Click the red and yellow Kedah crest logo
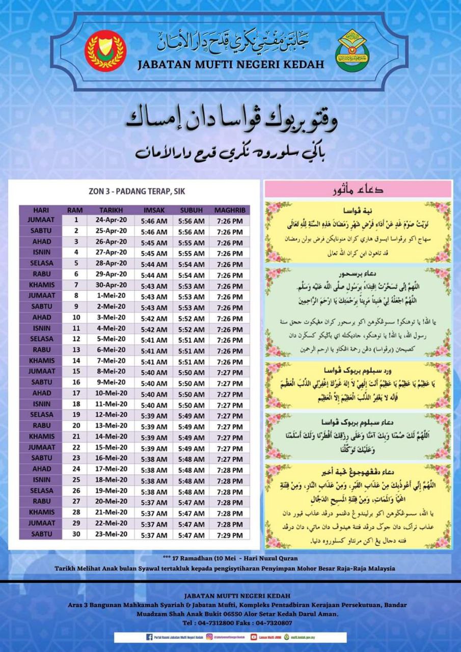(105, 50)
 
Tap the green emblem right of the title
(352, 50)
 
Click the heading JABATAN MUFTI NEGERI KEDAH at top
(231, 65)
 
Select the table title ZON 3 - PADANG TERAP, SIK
(133, 192)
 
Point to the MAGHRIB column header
(229, 210)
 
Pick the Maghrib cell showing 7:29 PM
(229, 535)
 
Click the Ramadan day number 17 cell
(76, 393)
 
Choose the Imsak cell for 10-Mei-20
(154, 394)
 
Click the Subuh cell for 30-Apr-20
(192, 286)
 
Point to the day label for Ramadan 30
(41, 534)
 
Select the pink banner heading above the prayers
(358, 189)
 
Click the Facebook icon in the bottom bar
(149, 637)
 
